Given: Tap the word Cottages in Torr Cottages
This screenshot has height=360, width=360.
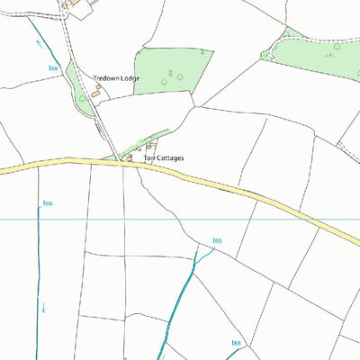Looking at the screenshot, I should point(168,158).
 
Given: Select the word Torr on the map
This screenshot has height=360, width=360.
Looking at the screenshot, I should point(148,158).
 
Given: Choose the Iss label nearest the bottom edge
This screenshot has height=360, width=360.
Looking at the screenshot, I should point(236,343).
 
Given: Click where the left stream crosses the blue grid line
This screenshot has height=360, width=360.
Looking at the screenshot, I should point(39,219).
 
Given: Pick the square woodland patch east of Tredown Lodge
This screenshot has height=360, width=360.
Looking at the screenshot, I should point(173,70).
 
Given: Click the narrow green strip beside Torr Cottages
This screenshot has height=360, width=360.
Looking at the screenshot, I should point(135,146).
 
